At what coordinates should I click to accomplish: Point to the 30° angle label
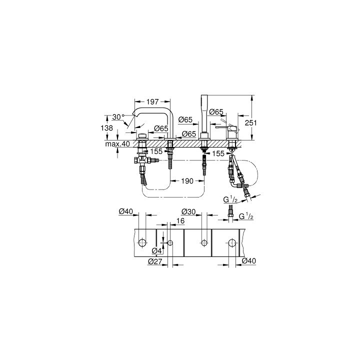(117, 116)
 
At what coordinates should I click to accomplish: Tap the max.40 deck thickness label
(118, 144)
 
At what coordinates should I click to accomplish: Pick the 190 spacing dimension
(186, 182)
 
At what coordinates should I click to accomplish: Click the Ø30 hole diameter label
(188, 211)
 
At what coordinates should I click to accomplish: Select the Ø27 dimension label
(155, 260)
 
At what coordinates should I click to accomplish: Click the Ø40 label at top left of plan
(126, 211)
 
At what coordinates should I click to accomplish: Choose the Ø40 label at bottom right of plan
(248, 260)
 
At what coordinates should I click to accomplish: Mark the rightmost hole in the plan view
(232, 243)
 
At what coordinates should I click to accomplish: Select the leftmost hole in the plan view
(142, 243)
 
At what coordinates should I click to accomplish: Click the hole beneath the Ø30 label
(203, 243)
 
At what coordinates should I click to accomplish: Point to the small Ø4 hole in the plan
(170, 243)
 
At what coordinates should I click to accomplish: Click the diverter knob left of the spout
(142, 136)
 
